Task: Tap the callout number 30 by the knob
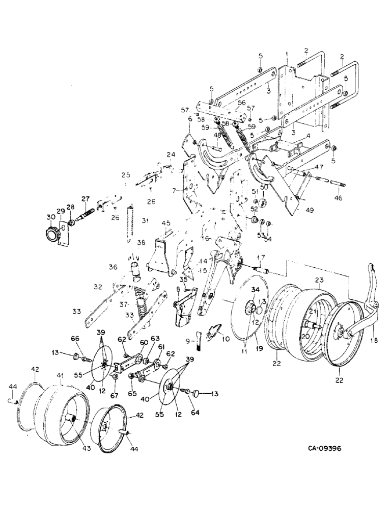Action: [50, 217]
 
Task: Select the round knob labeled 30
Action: [51, 234]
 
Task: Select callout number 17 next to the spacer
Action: [259, 257]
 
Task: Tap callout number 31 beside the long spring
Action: [145, 220]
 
